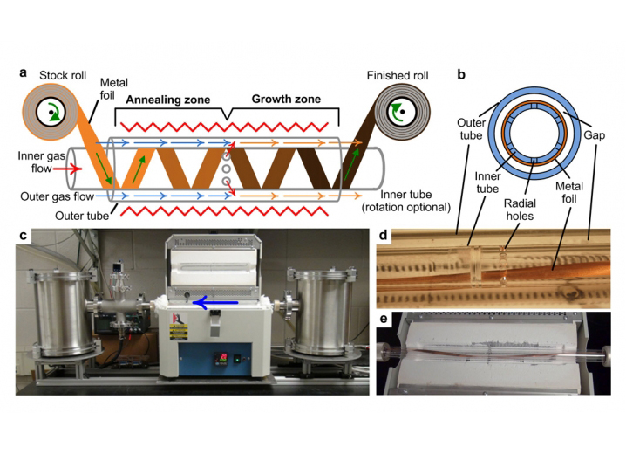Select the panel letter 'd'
(x=382, y=237)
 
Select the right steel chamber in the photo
(x=322, y=310)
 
